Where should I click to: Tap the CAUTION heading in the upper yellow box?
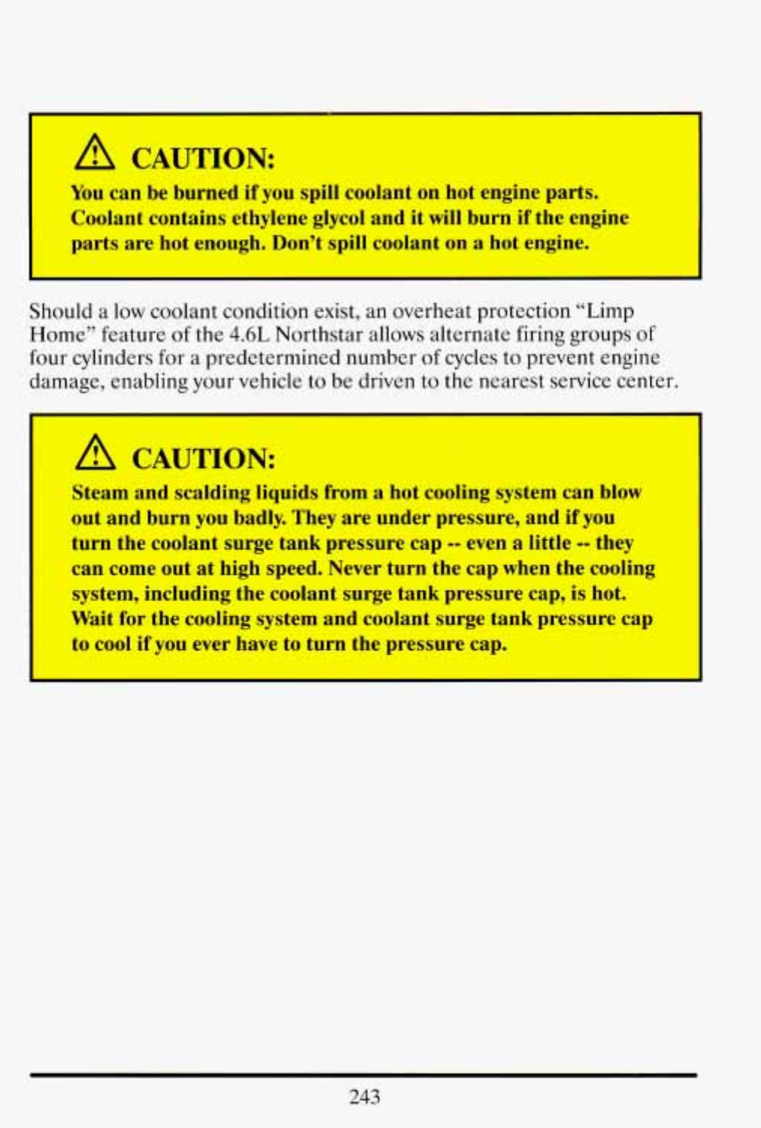pyautogui.click(x=203, y=159)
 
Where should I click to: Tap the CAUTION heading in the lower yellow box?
pyautogui.click(x=204, y=458)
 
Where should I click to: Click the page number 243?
pyautogui.click(x=365, y=1096)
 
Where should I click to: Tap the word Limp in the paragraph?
pyautogui.click(x=611, y=310)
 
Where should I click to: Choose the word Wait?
pyautogui.click(x=90, y=618)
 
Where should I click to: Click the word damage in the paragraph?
pyautogui.click(x=65, y=381)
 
